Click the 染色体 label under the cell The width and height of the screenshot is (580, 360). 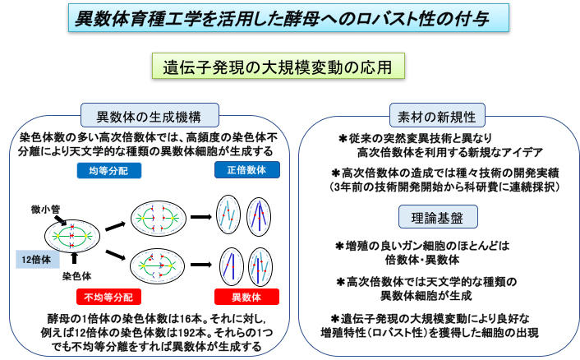(x=76, y=277)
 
